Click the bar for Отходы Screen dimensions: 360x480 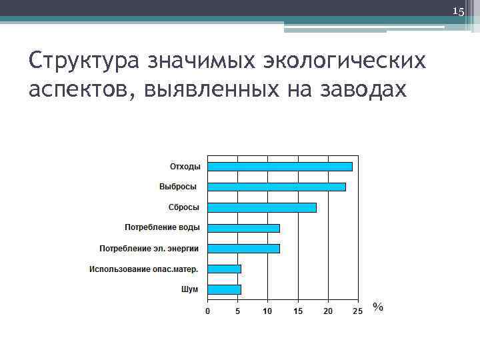click(280, 167)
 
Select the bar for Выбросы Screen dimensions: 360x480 click(277, 187)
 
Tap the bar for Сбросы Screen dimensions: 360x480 click(262, 207)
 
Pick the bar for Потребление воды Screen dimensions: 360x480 click(243, 228)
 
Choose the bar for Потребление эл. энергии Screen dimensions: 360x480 click(243, 249)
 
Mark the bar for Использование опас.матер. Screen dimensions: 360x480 click(224, 269)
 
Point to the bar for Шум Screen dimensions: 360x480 click(224, 289)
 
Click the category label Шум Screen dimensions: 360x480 click(190, 289)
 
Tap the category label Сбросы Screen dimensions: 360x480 click(183, 207)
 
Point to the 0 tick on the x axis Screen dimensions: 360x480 click(207, 311)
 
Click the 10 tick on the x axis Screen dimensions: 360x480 click(267, 311)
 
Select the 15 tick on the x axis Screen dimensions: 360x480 click(297, 311)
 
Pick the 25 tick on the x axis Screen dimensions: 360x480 click(357, 311)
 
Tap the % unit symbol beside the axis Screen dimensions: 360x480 click(378, 307)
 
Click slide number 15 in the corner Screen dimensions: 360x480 click(458, 11)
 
